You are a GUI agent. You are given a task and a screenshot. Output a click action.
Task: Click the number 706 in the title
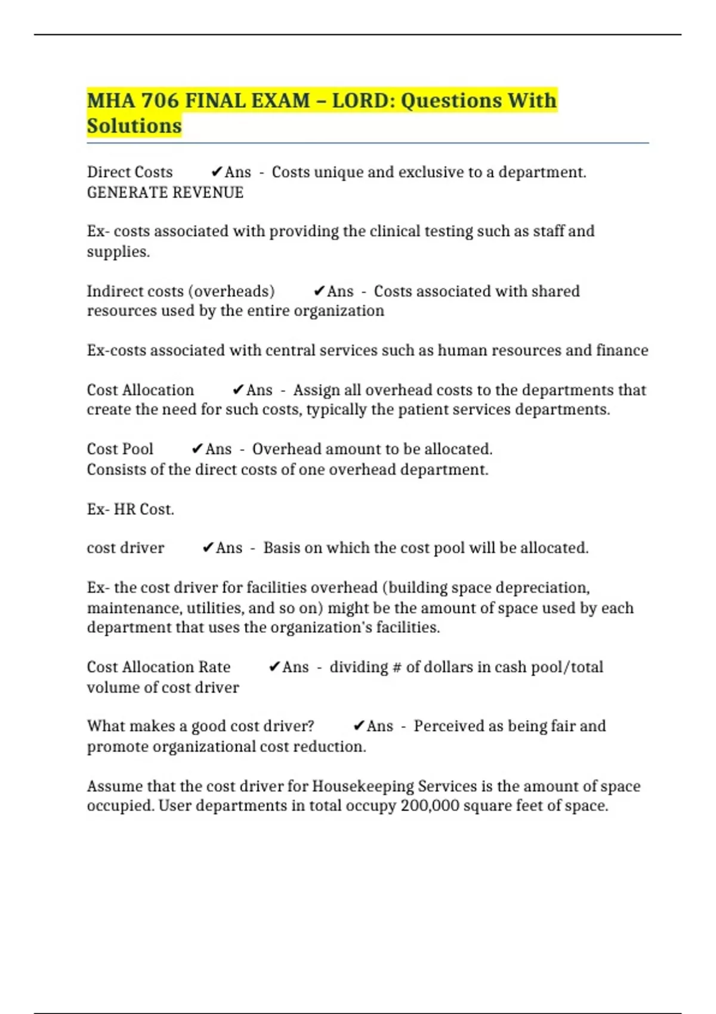(160, 100)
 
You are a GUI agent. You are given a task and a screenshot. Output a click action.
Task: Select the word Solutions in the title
(134, 126)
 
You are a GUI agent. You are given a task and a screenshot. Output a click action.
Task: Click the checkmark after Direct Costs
(217, 172)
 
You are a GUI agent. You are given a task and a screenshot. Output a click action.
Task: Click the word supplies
(118, 252)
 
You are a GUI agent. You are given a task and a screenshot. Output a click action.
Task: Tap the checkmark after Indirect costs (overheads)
(319, 291)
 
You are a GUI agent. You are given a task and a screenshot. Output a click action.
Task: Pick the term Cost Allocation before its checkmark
(140, 390)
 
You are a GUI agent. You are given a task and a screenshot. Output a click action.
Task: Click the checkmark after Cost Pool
(197, 449)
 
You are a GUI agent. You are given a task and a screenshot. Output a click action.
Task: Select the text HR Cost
(144, 509)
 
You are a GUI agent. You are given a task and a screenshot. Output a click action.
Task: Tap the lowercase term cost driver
(125, 548)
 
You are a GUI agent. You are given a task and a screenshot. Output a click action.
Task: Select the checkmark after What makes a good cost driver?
(359, 726)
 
